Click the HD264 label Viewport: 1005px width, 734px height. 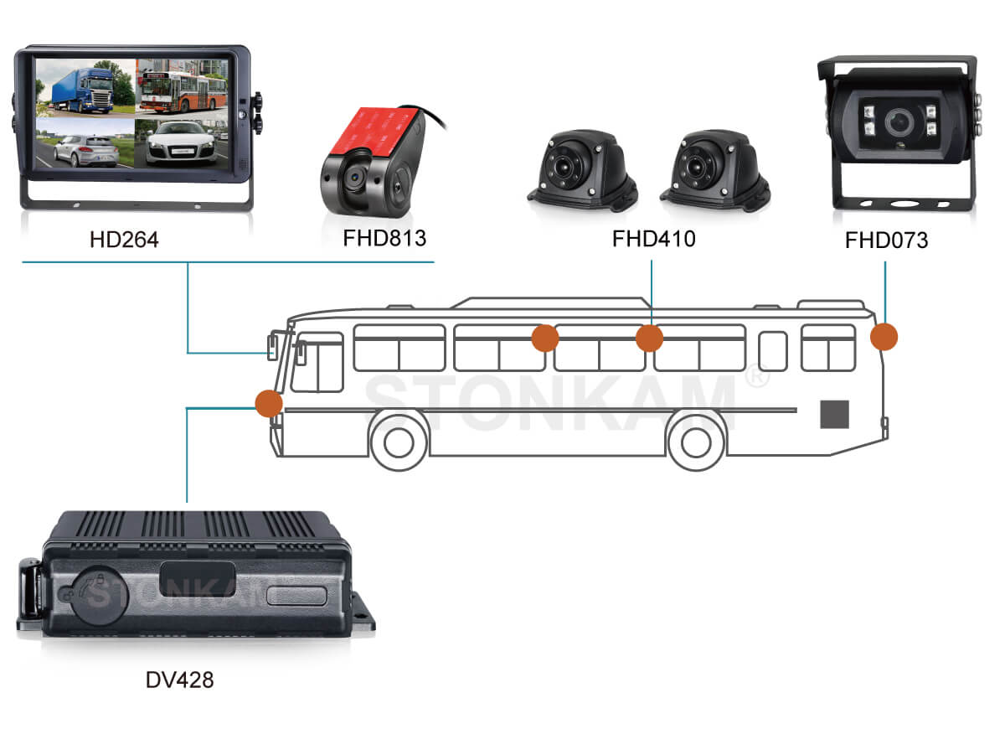click(124, 240)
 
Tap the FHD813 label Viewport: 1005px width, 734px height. click(384, 238)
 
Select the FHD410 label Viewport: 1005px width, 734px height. click(653, 239)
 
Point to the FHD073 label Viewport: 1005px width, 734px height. click(886, 241)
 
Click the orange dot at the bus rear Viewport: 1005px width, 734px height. click(884, 337)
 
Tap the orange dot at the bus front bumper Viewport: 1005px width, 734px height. click(269, 403)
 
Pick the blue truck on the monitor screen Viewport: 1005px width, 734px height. click(84, 87)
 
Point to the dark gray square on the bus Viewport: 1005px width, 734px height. click(834, 414)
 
